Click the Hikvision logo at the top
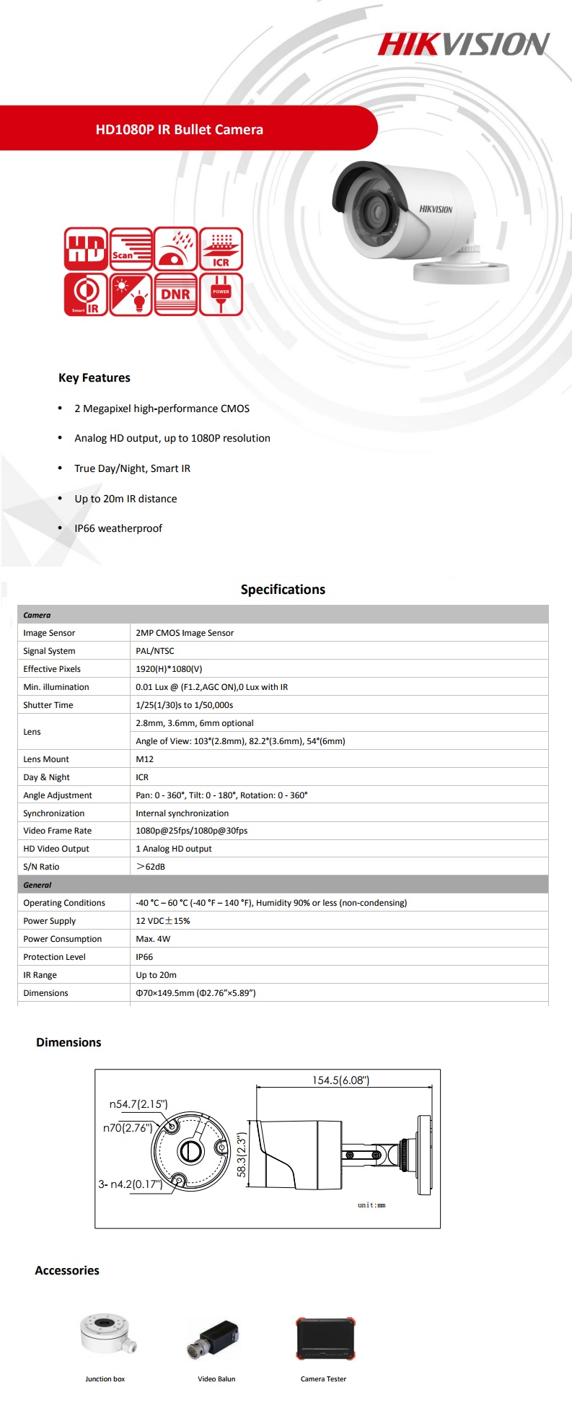(464, 44)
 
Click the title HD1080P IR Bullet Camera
(180, 130)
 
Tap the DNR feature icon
(175, 294)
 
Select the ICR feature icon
(221, 249)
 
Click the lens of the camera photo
(377, 211)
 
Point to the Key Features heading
(94, 377)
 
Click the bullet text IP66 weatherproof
(118, 528)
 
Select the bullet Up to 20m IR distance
(126, 499)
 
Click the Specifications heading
(283, 590)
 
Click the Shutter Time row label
(48, 705)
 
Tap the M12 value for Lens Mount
(145, 759)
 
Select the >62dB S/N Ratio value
(151, 867)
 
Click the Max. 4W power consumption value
(153, 939)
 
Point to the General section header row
(38, 885)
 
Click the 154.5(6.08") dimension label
(340, 1080)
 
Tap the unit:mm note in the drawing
(371, 1205)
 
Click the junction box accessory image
(107, 1333)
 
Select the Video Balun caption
(216, 1379)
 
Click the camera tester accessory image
(325, 1339)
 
